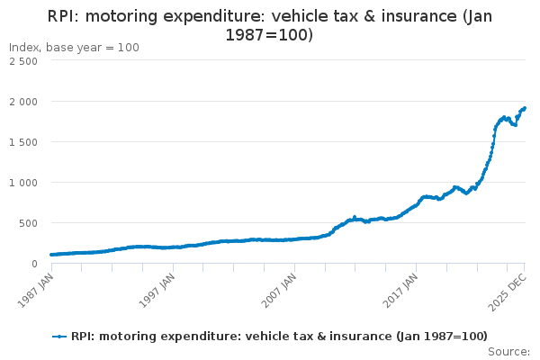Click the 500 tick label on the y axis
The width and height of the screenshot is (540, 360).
pos(27,223)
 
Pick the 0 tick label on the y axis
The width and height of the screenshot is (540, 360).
pos(33,264)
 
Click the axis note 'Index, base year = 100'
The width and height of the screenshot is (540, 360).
pos(74,47)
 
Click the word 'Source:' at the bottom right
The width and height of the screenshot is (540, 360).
pos(508,352)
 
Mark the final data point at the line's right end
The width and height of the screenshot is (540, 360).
pos(525,108)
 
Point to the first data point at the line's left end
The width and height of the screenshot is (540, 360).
pos(51,255)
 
